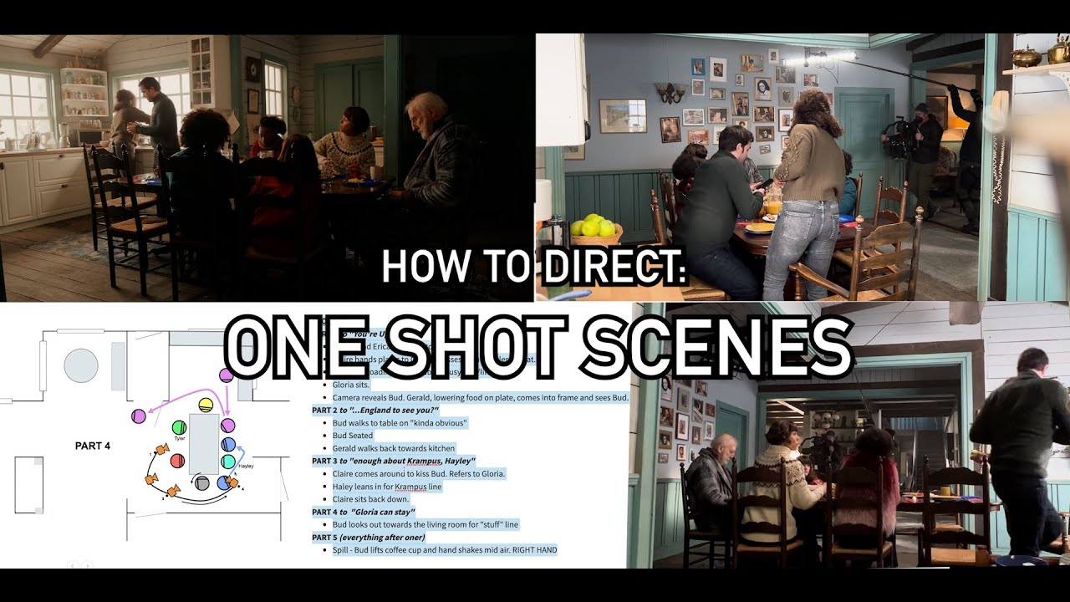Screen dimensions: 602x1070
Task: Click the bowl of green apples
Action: click(x=596, y=227)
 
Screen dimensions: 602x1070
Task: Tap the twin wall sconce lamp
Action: click(x=670, y=91)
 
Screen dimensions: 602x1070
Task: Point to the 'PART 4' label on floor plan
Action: click(x=92, y=446)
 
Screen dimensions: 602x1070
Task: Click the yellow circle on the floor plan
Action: click(x=206, y=406)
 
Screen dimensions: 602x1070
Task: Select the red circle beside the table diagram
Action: click(x=177, y=460)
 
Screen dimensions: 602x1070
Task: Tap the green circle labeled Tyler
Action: click(x=178, y=428)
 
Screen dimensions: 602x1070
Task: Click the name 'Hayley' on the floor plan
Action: click(x=246, y=466)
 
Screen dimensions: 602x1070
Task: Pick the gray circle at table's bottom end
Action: click(x=201, y=482)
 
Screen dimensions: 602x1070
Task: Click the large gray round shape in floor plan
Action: click(x=81, y=365)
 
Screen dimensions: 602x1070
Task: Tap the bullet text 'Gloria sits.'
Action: click(x=357, y=384)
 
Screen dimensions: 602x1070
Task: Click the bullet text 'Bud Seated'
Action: click(x=353, y=436)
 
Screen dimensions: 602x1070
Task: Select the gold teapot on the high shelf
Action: click(x=1026, y=56)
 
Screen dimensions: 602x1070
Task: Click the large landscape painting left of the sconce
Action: click(x=623, y=115)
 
